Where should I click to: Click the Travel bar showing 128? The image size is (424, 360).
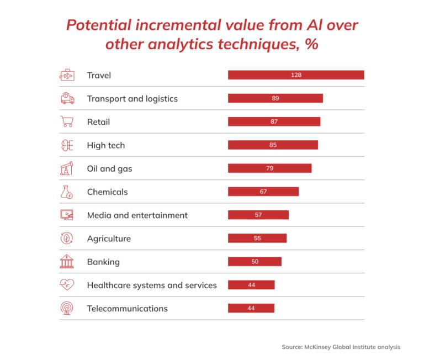click(296, 75)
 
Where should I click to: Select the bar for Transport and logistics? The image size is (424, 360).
click(275, 98)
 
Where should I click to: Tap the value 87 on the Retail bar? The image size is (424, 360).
click(274, 121)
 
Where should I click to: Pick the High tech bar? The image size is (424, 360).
click(273, 145)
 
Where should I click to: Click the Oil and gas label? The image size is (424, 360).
click(109, 168)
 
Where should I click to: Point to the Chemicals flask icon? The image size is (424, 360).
click(67, 192)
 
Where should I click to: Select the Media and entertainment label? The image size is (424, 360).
click(137, 215)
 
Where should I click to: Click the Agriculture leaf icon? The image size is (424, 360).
click(67, 239)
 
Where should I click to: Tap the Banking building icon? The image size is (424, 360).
click(67, 262)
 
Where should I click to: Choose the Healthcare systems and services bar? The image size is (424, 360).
click(251, 285)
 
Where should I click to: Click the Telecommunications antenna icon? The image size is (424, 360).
click(67, 309)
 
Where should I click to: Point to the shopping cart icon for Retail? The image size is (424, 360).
click(67, 122)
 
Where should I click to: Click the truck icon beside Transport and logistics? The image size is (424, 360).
click(67, 99)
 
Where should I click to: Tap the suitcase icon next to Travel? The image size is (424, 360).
click(67, 75)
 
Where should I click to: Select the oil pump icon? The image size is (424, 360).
click(67, 168)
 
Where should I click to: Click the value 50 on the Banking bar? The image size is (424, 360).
click(255, 262)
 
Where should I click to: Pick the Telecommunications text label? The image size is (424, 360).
click(127, 309)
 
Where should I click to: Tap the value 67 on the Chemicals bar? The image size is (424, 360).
click(263, 192)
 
